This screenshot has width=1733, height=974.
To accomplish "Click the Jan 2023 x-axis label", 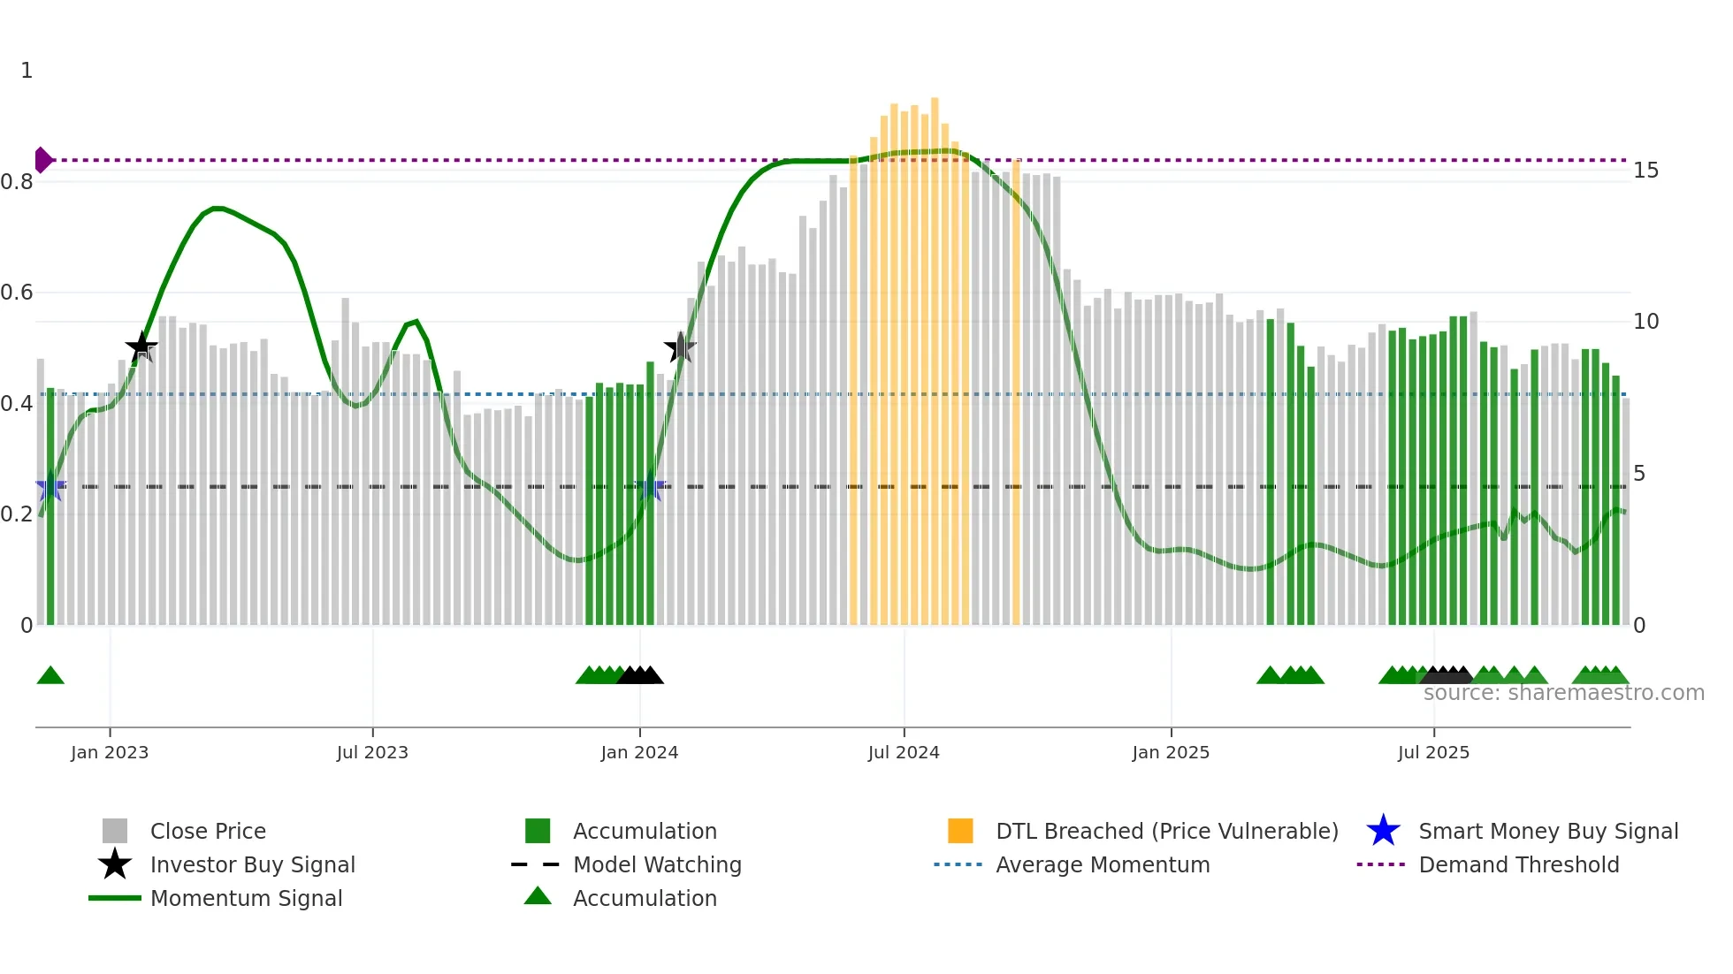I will [x=110, y=752].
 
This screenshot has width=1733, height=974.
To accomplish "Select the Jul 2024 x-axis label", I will [x=904, y=752].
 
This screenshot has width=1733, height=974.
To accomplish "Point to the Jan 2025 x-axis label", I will [x=1171, y=752].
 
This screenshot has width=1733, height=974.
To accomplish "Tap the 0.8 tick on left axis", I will [x=17, y=182].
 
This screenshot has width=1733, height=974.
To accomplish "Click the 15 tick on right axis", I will [x=1645, y=170].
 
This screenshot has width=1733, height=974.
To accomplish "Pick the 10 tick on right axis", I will [x=1645, y=321].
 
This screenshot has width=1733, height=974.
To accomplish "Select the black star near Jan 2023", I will [x=141, y=347].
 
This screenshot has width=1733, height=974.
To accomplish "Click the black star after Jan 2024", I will [x=680, y=347].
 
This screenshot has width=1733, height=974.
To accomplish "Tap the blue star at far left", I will [x=50, y=486].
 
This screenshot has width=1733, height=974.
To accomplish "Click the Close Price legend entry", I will [x=208, y=831].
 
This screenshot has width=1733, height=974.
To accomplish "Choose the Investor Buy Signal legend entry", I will [x=252, y=864].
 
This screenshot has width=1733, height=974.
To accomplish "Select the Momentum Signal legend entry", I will [x=246, y=898].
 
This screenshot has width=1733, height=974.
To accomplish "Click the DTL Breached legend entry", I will [x=1166, y=831].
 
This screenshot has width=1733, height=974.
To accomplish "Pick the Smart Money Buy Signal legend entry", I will [x=1547, y=831].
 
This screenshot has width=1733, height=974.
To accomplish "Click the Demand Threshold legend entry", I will [x=1518, y=864].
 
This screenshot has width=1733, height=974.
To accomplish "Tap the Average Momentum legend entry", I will [x=1102, y=864].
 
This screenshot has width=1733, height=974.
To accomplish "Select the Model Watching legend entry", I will [x=656, y=864].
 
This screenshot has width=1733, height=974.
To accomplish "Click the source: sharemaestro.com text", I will [x=1563, y=693].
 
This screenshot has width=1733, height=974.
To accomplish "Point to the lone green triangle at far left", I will [x=50, y=676].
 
